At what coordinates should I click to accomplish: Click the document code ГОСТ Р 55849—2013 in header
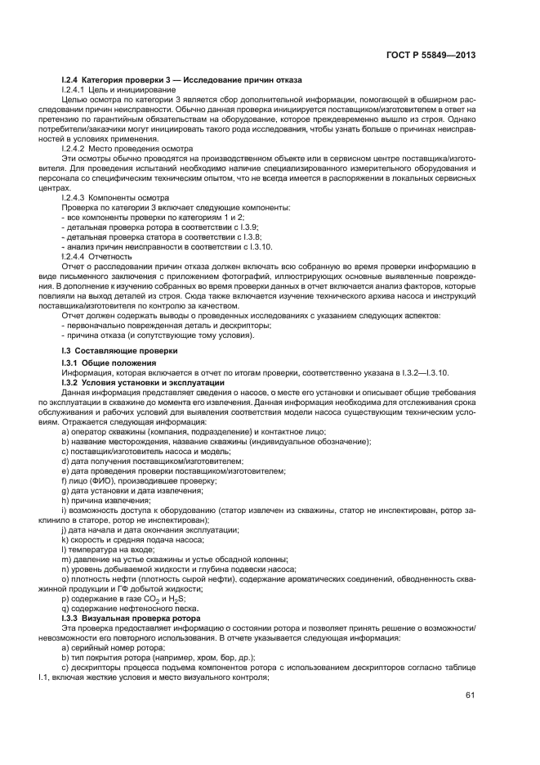pos(435,55)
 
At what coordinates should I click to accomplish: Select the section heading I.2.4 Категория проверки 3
pos(181,79)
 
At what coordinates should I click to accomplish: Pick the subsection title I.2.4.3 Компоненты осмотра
pos(115,199)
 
